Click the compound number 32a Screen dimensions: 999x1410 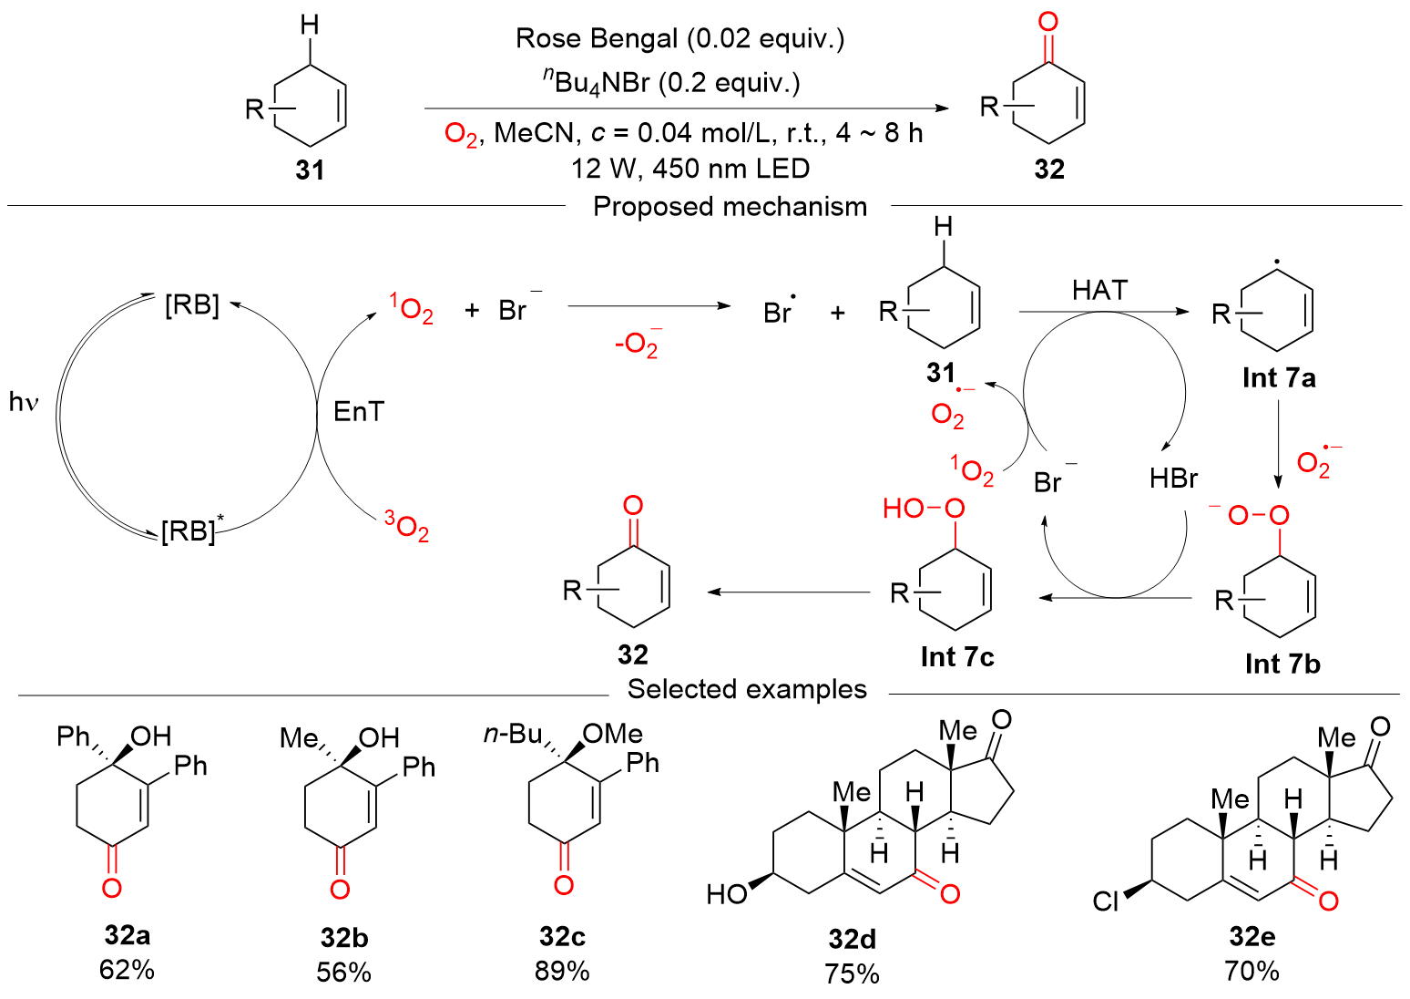click(127, 935)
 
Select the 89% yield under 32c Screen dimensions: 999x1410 click(562, 971)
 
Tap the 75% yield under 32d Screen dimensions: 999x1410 click(852, 973)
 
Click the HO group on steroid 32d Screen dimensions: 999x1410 click(726, 895)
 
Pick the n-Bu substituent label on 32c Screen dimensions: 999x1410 click(512, 735)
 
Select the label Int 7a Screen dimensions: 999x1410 click(1279, 377)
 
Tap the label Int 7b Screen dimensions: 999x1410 click(1282, 664)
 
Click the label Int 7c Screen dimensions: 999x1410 click(956, 656)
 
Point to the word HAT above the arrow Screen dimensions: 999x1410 click(1099, 290)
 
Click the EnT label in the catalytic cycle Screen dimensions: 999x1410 click(359, 412)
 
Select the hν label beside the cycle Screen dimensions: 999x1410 click(24, 401)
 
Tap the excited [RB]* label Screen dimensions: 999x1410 click(192, 530)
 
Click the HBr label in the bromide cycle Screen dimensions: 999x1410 click(1173, 479)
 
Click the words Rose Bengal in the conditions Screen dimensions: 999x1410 click(597, 38)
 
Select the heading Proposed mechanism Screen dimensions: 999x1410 click(730, 207)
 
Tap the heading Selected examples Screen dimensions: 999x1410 click(747, 689)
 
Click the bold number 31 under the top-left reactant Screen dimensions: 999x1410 click(310, 170)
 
